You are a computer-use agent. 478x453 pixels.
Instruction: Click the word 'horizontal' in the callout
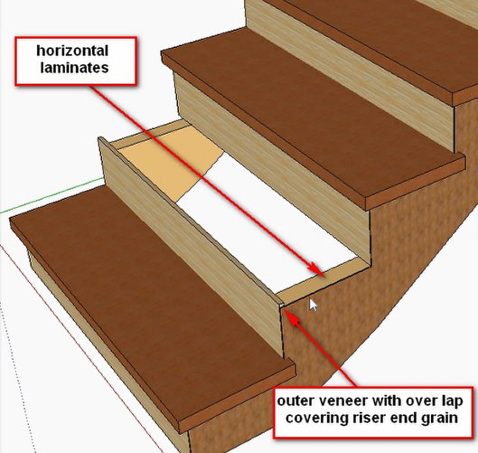(72, 51)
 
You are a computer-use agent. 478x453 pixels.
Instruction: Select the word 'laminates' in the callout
(74, 68)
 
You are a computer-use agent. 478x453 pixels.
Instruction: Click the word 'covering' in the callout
(317, 419)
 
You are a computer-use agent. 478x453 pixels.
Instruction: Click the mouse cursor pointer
(313, 305)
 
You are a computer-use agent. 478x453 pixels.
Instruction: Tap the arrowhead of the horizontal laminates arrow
(316, 269)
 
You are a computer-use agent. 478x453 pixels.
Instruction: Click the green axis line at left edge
(52, 194)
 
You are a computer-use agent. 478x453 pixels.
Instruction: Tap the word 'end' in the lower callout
(403, 418)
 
